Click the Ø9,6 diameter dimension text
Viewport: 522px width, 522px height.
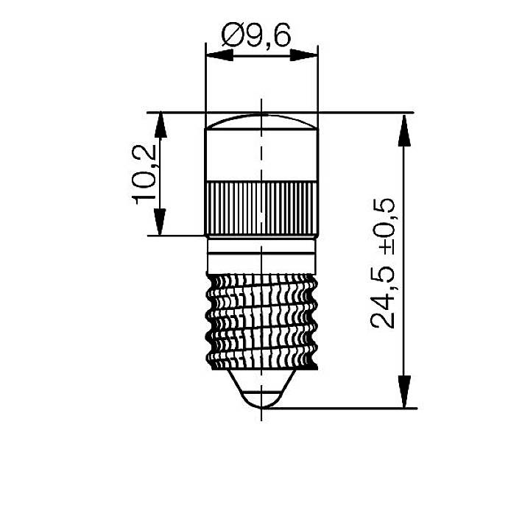(257, 35)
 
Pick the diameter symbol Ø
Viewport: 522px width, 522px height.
(231, 35)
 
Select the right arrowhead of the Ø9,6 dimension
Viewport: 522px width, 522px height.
(303, 55)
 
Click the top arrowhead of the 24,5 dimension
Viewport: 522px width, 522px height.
(403, 127)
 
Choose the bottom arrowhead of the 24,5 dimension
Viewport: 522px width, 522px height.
(403, 393)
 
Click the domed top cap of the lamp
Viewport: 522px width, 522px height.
(261, 122)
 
